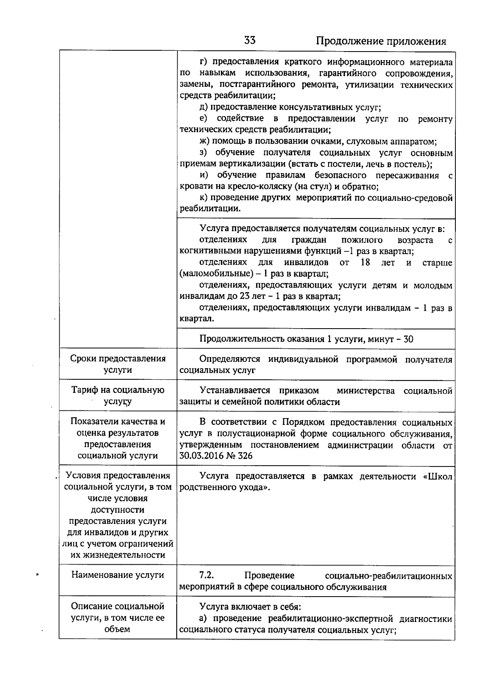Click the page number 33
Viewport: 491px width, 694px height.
click(x=250, y=40)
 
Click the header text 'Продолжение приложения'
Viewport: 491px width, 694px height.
click(x=381, y=41)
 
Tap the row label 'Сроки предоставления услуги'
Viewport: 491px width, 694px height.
click(x=118, y=364)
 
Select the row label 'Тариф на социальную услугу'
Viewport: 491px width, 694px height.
click(x=118, y=396)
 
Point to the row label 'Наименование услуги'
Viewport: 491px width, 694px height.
click(x=118, y=575)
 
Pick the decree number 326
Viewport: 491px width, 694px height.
click(x=245, y=456)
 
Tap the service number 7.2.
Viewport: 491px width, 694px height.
click(x=207, y=575)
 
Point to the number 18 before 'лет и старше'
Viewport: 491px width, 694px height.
click(x=365, y=262)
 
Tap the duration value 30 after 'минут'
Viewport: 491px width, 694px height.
click(x=408, y=339)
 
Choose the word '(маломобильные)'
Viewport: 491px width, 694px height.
click(x=212, y=273)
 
